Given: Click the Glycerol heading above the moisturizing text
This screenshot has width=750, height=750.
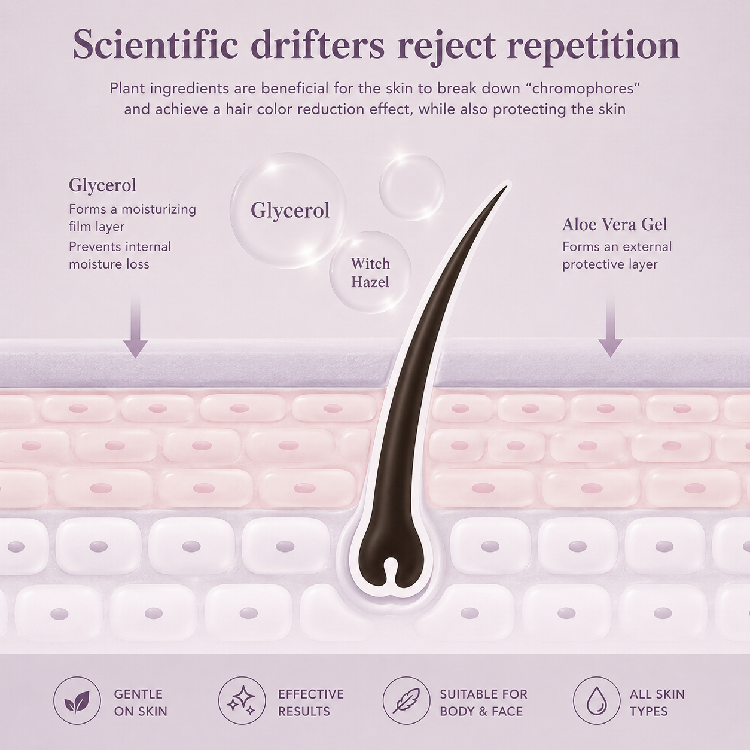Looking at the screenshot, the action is (x=102, y=185).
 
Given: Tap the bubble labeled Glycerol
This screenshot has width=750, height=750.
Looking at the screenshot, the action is (x=288, y=210).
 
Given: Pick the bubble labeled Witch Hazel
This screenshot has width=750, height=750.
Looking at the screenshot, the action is (x=370, y=273).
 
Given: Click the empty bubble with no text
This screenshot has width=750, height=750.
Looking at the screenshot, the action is (x=412, y=187).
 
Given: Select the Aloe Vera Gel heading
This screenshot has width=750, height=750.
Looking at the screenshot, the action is (x=615, y=224).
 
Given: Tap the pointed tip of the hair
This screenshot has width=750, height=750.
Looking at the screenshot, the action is (x=507, y=187).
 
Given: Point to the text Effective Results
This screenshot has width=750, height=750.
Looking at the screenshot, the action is (x=310, y=703).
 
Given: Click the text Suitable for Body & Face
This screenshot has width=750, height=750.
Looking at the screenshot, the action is (x=483, y=703).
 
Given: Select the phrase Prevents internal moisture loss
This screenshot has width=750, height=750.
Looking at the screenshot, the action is (x=120, y=255).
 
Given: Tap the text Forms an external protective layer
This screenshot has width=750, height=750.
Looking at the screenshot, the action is (x=617, y=255).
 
